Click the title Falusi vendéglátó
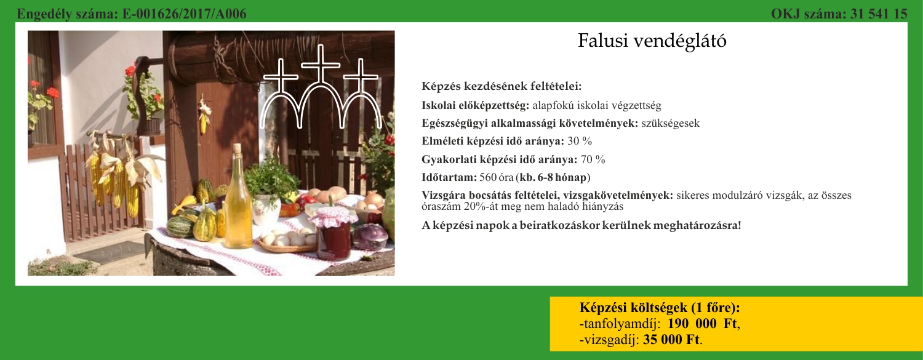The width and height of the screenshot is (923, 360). pyautogui.click(x=652, y=41)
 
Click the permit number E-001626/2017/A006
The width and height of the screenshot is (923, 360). pyautogui.click(x=184, y=14)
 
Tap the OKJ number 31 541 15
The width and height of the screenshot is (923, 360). pyautogui.click(x=879, y=14)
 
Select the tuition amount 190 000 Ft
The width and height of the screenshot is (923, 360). pyautogui.click(x=702, y=324)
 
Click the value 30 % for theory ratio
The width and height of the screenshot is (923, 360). pyautogui.click(x=580, y=142)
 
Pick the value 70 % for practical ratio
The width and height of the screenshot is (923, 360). pyautogui.click(x=593, y=159)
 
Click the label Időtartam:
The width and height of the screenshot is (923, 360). pyautogui.click(x=449, y=177)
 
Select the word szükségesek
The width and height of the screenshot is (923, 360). pyautogui.click(x=671, y=123)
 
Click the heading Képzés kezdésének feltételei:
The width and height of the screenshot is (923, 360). pyautogui.click(x=501, y=87)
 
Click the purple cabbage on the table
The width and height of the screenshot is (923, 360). pyautogui.click(x=370, y=238)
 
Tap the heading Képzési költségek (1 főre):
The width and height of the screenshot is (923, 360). pyautogui.click(x=660, y=308)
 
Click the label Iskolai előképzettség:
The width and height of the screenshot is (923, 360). pyautogui.click(x=475, y=105)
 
